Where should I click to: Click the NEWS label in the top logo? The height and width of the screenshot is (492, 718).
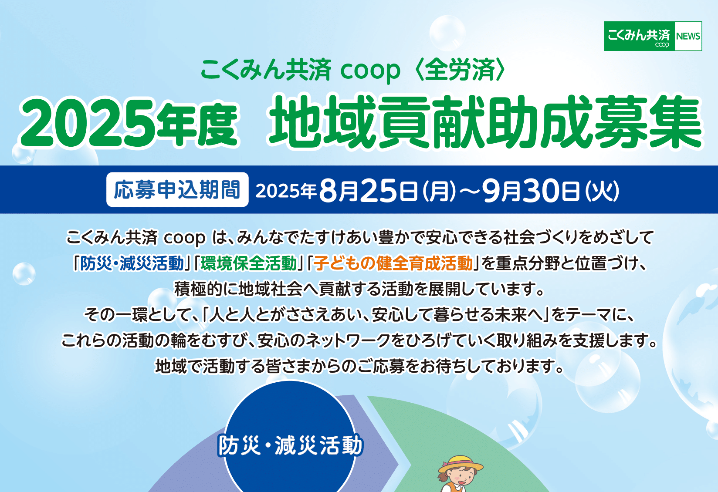[x=688, y=36]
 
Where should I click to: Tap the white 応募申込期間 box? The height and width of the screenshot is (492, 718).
[x=177, y=189]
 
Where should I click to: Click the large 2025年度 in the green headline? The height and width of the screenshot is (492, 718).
[x=129, y=123]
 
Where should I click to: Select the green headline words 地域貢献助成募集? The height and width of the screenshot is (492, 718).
[x=485, y=122]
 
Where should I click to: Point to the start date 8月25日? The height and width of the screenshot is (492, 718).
[x=368, y=191]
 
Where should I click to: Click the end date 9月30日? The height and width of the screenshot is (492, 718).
[x=531, y=191]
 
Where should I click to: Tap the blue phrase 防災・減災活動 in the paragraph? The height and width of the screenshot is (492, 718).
[x=132, y=263]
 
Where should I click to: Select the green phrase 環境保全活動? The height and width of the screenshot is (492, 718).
[x=249, y=263]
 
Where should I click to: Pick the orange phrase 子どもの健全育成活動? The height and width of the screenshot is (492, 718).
[x=393, y=263]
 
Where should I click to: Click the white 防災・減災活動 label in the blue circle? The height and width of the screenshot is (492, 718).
[x=290, y=445]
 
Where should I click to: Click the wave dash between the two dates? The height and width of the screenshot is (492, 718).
[x=469, y=191]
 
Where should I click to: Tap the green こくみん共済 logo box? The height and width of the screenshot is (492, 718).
[x=640, y=36]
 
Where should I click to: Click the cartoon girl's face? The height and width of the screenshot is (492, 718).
[x=463, y=478]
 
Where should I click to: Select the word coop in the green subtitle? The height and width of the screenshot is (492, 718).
[x=370, y=71]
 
